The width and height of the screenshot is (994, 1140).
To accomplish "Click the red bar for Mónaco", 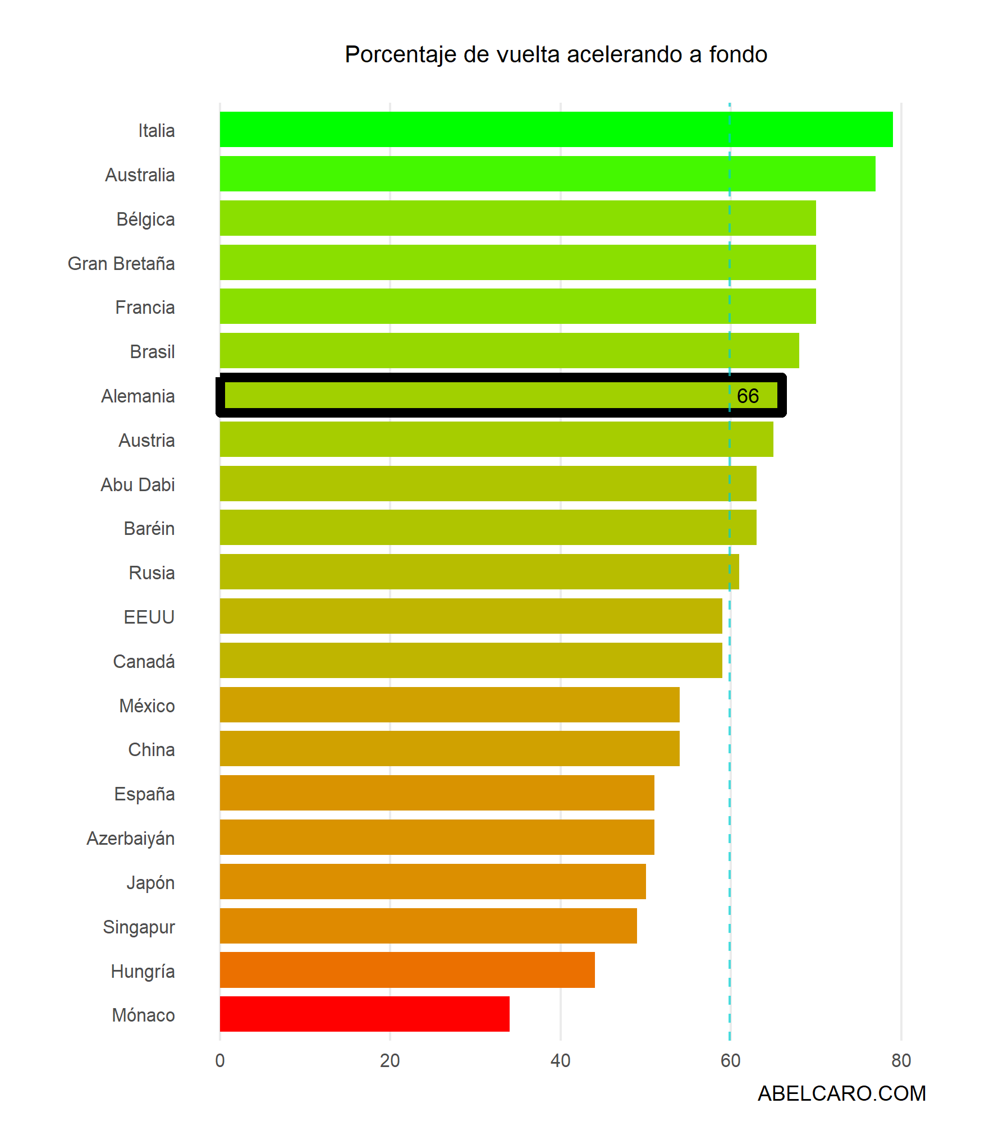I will [x=364, y=1014].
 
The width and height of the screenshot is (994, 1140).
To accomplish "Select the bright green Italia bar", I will [x=556, y=129].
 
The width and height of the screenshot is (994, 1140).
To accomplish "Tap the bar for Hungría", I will [x=407, y=969].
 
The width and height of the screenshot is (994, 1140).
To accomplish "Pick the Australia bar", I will [x=547, y=173].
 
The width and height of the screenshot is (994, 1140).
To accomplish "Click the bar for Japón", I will [x=432, y=881].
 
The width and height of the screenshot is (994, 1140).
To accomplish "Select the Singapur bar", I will [x=428, y=926].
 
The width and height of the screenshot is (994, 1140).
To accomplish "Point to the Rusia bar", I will [x=479, y=571].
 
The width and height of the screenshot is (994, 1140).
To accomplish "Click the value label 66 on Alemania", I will [x=748, y=396].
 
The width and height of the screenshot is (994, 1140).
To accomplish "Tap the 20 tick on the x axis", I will [x=390, y=1060].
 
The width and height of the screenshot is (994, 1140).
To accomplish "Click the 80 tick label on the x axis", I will [x=901, y=1060].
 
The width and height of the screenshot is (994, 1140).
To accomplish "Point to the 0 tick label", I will [x=219, y=1060].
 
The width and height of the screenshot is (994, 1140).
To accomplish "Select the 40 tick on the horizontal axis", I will [x=560, y=1060].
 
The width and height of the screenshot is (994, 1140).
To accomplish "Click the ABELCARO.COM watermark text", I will [x=841, y=1093].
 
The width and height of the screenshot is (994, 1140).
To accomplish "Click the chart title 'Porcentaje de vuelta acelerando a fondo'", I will [x=556, y=54].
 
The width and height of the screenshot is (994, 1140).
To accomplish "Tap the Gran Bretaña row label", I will [x=121, y=263].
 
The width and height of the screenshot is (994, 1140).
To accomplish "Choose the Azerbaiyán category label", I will [x=131, y=838].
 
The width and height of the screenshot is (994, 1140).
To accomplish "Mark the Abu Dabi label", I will [x=138, y=484].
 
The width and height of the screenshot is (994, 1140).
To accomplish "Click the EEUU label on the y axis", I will [x=149, y=617].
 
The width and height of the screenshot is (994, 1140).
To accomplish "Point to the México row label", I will [x=146, y=706].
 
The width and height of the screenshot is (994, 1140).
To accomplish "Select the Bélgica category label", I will [x=145, y=219].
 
